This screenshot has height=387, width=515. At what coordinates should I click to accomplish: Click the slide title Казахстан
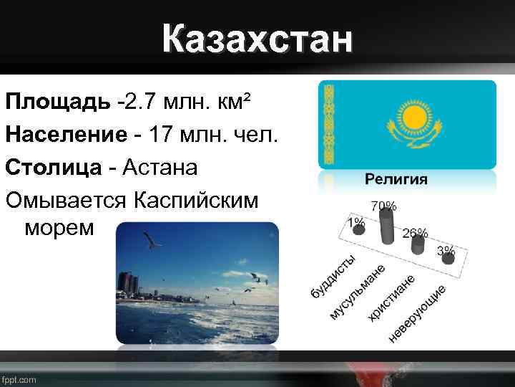257,39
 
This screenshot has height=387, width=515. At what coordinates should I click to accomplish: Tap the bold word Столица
54,167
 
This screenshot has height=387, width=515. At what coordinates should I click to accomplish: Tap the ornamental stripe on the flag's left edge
329,125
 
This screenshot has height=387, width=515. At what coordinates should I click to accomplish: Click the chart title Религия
397,179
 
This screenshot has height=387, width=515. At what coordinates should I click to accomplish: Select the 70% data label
383,206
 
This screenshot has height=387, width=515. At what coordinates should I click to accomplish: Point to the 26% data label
416,233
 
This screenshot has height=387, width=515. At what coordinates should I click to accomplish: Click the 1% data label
355,223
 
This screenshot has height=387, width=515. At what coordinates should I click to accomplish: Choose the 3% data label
446,250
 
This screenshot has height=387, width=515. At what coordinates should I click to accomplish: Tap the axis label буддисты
333,276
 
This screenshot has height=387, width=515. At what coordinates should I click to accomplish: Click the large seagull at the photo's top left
151,241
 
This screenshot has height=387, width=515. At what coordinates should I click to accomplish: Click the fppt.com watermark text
19,380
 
